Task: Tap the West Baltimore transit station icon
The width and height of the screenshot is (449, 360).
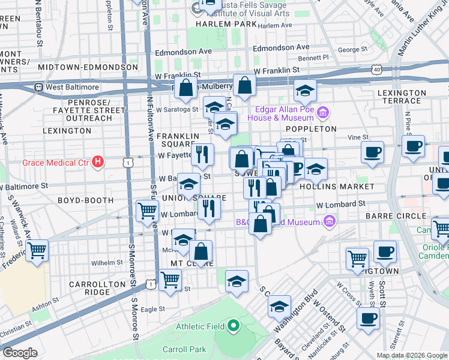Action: [38, 87]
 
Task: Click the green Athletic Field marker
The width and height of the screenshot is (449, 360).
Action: [232, 326]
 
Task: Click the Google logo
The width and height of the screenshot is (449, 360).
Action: [20, 353]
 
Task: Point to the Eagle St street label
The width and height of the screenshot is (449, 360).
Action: [152, 309]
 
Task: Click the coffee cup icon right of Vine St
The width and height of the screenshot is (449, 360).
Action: [372, 151]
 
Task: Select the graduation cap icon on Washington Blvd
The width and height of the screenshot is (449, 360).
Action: [279, 306]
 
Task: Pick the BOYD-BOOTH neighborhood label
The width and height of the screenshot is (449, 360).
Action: [85, 200]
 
